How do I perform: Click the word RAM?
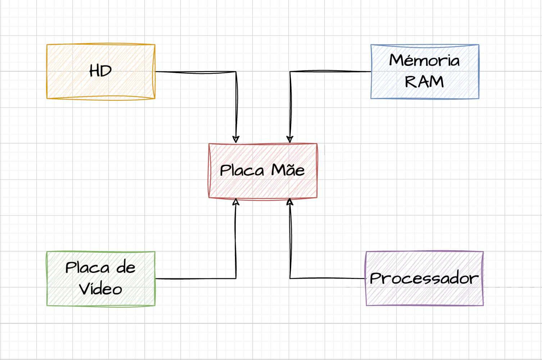tap(424, 82)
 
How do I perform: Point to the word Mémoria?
tap(424, 60)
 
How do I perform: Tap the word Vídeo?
tap(100, 289)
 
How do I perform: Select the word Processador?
tap(424, 278)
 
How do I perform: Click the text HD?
tap(100, 71)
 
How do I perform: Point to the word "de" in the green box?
tap(126, 267)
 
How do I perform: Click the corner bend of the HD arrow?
tap(236, 72)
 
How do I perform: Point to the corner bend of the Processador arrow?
tap(290, 278)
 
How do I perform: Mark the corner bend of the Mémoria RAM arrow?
tap(290, 72)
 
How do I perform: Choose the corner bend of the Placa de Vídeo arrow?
tap(236, 278)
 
